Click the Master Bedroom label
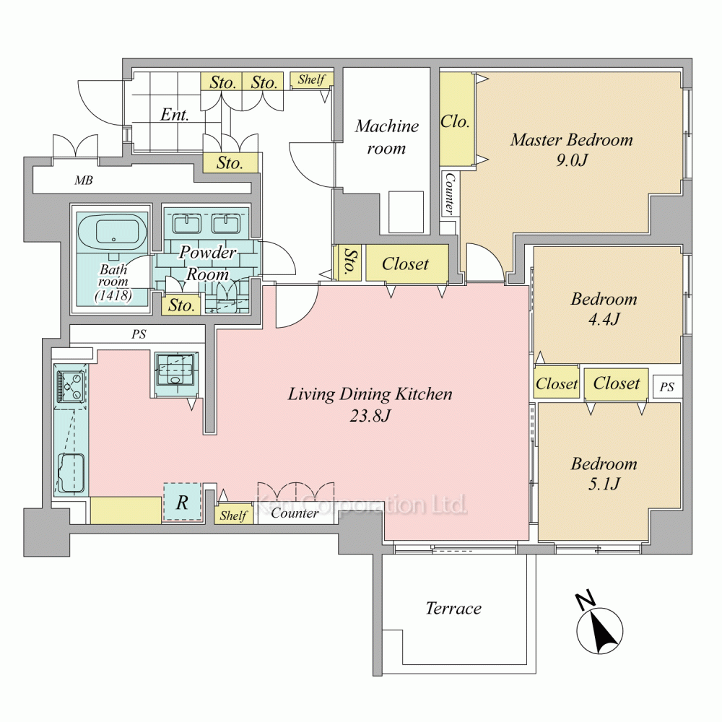click(571, 139)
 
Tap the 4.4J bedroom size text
click(604, 318)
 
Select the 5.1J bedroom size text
click(604, 484)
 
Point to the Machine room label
click(386, 136)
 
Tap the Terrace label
click(453, 608)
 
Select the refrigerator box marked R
click(183, 502)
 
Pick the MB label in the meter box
click(84, 180)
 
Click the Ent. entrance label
click(175, 114)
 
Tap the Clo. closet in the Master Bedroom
click(455, 121)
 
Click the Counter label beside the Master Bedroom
click(449, 193)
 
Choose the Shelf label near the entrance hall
click(311, 79)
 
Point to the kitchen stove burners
click(70, 385)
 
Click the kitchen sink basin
click(71, 473)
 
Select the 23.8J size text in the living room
click(370, 416)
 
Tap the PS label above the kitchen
click(139, 334)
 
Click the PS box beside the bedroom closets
click(667, 386)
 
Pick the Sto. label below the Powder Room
click(181, 305)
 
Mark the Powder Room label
click(208, 263)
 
